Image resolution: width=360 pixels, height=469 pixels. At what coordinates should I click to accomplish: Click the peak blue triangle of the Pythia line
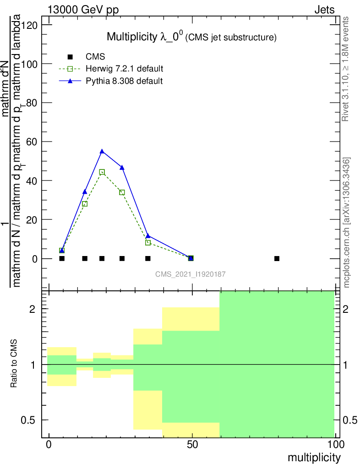pyautogui.click(x=102, y=151)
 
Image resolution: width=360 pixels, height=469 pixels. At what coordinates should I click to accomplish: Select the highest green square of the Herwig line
pyautogui.click(x=102, y=172)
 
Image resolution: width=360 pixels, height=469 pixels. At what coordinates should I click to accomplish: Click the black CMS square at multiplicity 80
pyautogui.click(x=277, y=258)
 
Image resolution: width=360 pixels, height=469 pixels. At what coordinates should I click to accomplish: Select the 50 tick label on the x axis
pyautogui.click(x=192, y=445)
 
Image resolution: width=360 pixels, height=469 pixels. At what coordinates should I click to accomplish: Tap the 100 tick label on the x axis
pyautogui.click(x=335, y=445)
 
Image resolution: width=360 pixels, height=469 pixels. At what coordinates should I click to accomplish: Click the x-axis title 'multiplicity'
pyautogui.click(x=314, y=458)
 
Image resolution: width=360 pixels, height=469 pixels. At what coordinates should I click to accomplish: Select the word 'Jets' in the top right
pyautogui.click(x=324, y=10)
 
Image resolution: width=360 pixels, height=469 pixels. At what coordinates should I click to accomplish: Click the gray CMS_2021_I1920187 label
pyautogui.click(x=190, y=274)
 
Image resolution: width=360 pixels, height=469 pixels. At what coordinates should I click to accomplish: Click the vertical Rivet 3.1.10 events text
pyautogui.click(x=346, y=69)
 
